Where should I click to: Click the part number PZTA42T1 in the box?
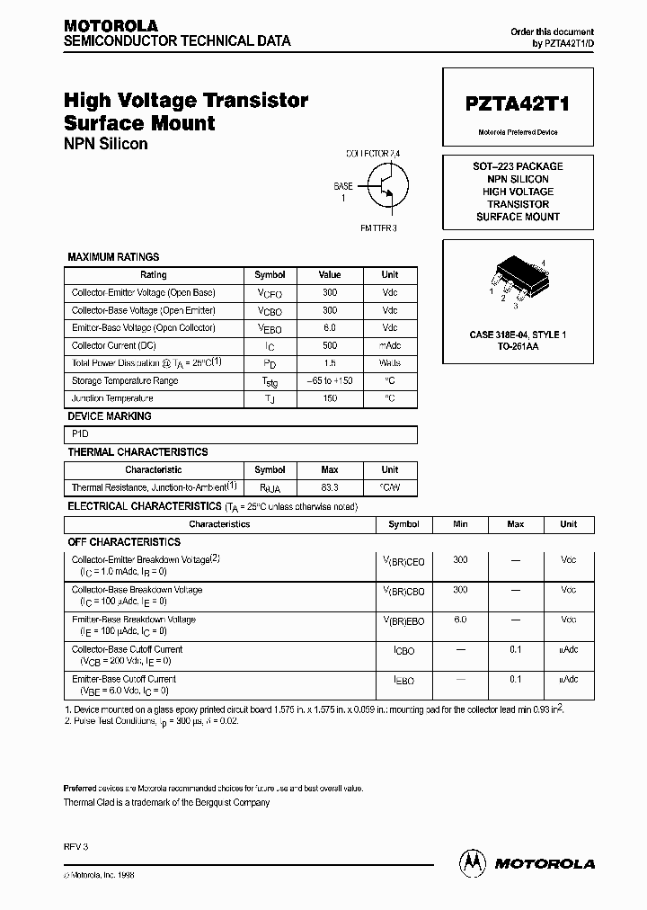click(x=518, y=104)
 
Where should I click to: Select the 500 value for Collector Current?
click(x=330, y=345)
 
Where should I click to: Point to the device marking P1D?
click(x=81, y=434)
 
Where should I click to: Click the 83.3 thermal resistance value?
click(x=330, y=487)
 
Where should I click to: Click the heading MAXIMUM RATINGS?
click(x=113, y=257)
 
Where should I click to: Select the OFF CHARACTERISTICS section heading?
click(x=124, y=542)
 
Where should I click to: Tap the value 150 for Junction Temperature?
click(x=330, y=398)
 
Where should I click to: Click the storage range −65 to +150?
click(x=330, y=380)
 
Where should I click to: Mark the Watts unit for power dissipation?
click(x=389, y=363)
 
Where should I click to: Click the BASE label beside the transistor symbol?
click(x=343, y=186)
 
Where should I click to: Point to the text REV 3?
click(x=76, y=847)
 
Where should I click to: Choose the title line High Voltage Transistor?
click(x=186, y=101)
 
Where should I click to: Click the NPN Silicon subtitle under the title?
click(x=105, y=144)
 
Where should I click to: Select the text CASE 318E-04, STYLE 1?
click(x=518, y=335)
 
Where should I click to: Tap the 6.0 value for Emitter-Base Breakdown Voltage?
click(x=460, y=620)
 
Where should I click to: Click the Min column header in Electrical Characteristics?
click(x=460, y=524)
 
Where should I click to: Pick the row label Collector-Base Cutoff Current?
click(x=127, y=649)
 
